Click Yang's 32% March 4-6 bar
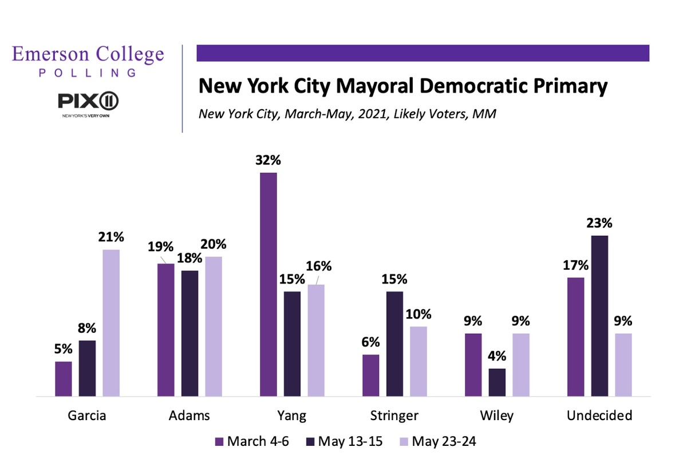pyautogui.click(x=269, y=284)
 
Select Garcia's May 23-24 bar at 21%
pyautogui.click(x=110, y=323)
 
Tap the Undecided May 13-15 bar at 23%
pyautogui.click(x=599, y=316)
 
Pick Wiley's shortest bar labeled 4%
pyautogui.click(x=497, y=382)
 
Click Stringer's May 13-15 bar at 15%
pyautogui.click(x=394, y=344)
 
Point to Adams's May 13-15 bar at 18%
pyautogui.click(x=189, y=333)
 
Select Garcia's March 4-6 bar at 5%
pyautogui.click(x=64, y=378)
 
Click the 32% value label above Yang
pyautogui.click(x=269, y=161)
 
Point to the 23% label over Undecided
pyautogui.click(x=600, y=223)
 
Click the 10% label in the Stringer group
pyautogui.click(x=418, y=314)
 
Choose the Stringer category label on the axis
pyautogui.click(x=394, y=416)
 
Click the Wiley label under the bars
pyautogui.click(x=497, y=416)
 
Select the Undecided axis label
pyautogui.click(x=599, y=416)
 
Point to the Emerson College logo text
pyautogui.click(x=88, y=55)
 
